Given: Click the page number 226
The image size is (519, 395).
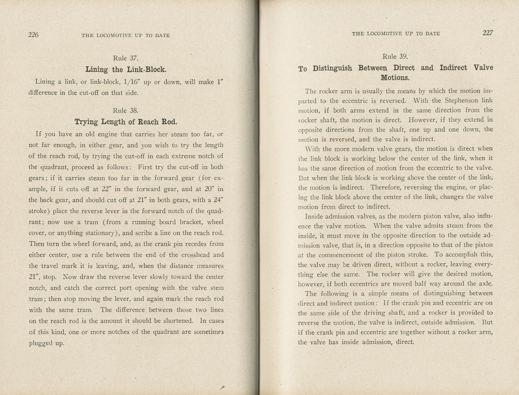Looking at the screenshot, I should pyautogui.click(x=33, y=35).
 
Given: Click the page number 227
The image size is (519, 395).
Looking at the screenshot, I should pyautogui.click(x=488, y=33).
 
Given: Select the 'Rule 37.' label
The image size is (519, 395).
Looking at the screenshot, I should pyautogui.click(x=126, y=58).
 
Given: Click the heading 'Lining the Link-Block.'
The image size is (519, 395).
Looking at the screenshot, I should pyautogui.click(x=126, y=70).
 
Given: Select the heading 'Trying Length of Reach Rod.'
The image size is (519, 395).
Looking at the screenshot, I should pyautogui.click(x=126, y=122).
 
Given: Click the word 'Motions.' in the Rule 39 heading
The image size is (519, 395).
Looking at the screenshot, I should pyautogui.click(x=395, y=78).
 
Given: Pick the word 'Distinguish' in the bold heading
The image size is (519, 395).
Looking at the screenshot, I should pyautogui.click(x=332, y=68).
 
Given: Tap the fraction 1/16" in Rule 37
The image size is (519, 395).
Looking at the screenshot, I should pyautogui.click(x=134, y=82).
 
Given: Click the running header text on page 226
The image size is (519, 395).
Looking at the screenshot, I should pyautogui.click(x=126, y=35).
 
